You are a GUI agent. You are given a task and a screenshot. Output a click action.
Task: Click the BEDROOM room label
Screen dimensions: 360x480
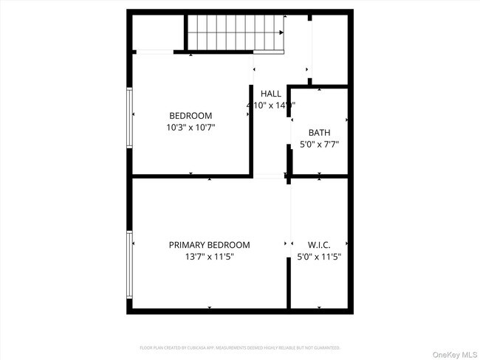click(x=191, y=115)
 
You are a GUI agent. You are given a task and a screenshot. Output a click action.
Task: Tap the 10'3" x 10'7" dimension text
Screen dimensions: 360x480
click(x=191, y=127)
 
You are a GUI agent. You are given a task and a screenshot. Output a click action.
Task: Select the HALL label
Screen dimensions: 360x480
click(x=271, y=94)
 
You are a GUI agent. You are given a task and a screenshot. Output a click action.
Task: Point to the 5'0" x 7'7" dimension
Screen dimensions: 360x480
click(x=319, y=145)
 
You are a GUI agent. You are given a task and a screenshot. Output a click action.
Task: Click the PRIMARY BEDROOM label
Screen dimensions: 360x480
click(x=209, y=245)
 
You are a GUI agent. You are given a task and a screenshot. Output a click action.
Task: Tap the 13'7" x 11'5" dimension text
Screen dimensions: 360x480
click(x=209, y=257)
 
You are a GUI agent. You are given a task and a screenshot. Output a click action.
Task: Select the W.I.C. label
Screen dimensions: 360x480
click(x=319, y=245)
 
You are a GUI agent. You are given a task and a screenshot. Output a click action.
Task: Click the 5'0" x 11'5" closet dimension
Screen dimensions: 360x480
click(x=319, y=257)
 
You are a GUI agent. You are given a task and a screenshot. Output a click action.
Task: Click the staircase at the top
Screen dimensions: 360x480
click(x=234, y=32)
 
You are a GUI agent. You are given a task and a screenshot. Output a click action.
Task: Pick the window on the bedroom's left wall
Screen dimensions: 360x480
click(x=130, y=117)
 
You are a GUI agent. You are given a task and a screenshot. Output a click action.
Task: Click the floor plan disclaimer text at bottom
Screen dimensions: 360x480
click(x=240, y=347)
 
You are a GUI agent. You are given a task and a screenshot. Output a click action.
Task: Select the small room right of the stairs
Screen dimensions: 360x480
click(x=329, y=48)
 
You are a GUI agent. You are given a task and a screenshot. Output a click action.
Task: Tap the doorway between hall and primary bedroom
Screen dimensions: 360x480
click(x=269, y=176)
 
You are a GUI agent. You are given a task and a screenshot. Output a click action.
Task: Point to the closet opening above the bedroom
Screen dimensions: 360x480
click(x=154, y=52)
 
